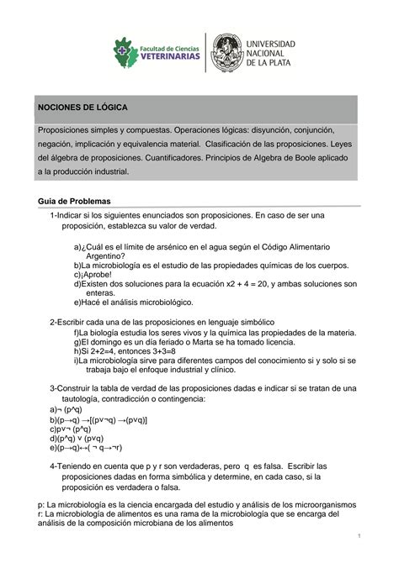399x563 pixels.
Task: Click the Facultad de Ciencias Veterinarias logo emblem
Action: (127, 52)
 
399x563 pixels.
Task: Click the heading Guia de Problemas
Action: (74, 202)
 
